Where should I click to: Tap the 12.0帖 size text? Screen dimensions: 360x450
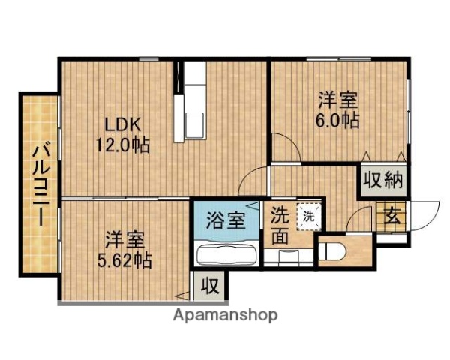121,144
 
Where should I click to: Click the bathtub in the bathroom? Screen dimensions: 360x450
226,254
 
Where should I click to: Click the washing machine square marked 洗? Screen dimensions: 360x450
308,217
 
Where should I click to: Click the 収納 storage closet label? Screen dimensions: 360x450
383,180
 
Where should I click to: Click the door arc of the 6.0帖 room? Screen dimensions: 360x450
283,146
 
